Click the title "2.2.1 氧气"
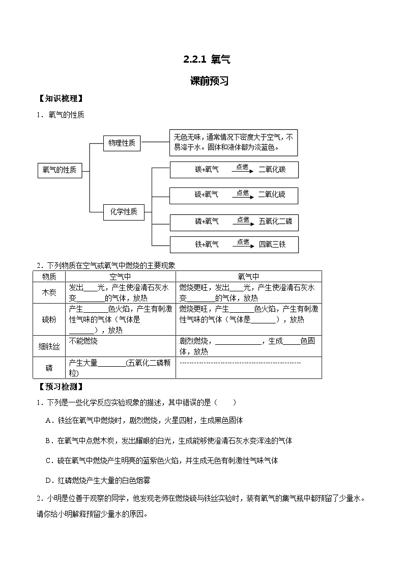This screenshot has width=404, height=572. (x=207, y=60)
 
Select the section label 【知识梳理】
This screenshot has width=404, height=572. (x=61, y=99)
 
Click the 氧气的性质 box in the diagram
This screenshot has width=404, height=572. (x=60, y=171)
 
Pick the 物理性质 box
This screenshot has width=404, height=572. (x=122, y=144)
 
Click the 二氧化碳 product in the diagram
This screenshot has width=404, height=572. (x=272, y=170)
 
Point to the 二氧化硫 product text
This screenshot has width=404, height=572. (x=272, y=195)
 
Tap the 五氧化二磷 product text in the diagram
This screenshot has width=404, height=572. (x=275, y=222)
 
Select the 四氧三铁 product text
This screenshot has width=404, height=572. (x=272, y=244)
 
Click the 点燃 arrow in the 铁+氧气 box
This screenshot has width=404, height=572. (x=243, y=243)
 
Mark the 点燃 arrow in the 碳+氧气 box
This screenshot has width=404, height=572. (x=243, y=169)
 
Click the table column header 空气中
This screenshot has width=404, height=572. (x=120, y=276)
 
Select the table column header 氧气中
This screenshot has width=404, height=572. (x=248, y=276)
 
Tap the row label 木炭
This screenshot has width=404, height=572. (x=49, y=292)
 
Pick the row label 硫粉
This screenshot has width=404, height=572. (x=49, y=319)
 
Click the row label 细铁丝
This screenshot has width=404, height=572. (x=49, y=346)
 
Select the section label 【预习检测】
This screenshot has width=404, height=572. (x=61, y=387)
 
